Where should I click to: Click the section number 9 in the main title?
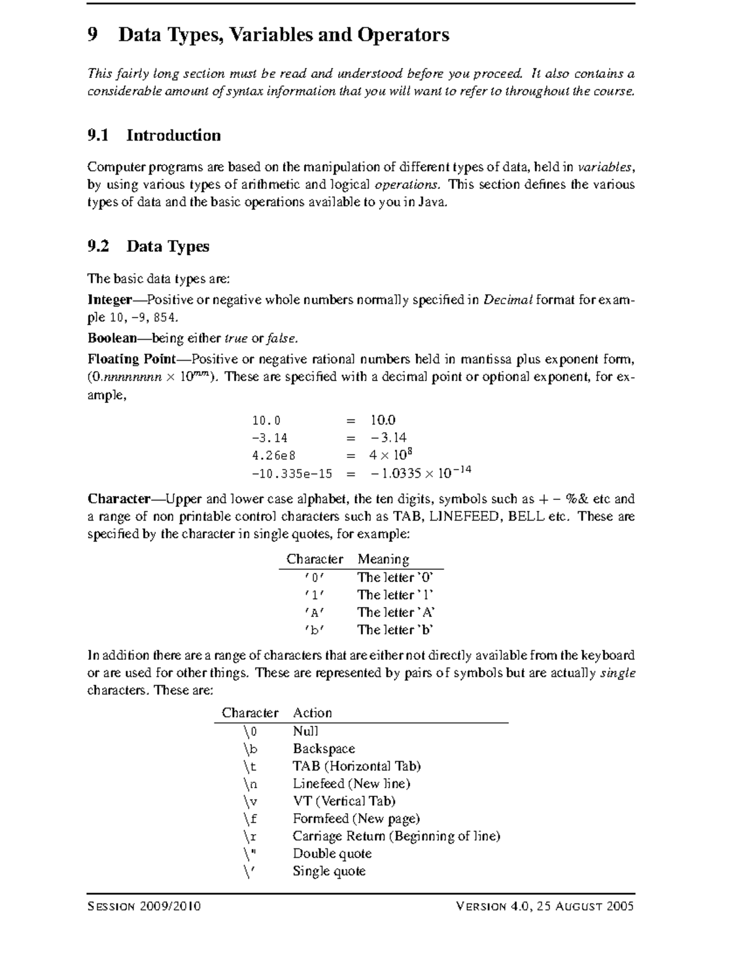tap(93, 35)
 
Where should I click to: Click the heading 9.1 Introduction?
tap(154, 136)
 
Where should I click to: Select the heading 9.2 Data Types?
tap(149, 246)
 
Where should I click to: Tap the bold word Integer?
tap(110, 300)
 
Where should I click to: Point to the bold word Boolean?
tap(112, 338)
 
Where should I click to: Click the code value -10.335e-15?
tap(292, 474)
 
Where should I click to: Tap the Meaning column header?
tap(383, 559)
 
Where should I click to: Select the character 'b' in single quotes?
tap(315, 630)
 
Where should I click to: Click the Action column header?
tap(312, 713)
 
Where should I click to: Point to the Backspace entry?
tap(324, 749)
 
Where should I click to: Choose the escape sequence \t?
tap(250, 766)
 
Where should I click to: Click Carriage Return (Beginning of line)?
tap(396, 836)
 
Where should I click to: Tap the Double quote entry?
tap(332, 854)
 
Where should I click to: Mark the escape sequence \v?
tap(250, 801)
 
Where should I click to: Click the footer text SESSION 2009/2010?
tap(144, 907)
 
